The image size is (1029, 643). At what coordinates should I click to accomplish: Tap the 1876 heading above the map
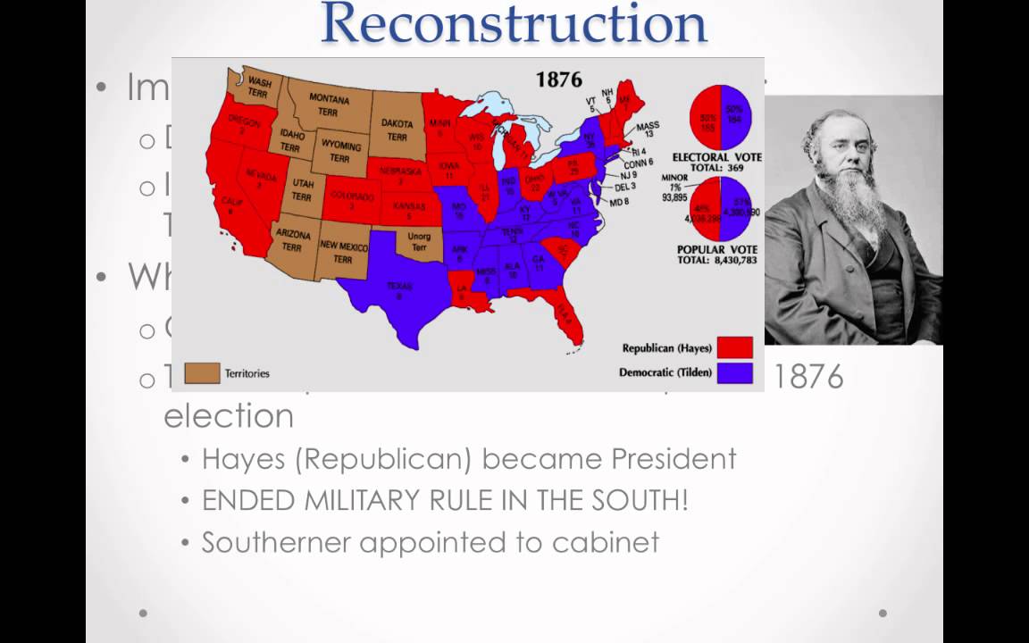[558, 79]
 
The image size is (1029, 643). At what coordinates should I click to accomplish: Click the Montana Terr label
[329, 104]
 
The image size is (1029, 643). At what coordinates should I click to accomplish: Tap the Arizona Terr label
[294, 240]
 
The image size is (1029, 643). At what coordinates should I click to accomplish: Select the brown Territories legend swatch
[202, 372]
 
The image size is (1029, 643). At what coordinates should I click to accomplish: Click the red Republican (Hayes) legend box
[734, 347]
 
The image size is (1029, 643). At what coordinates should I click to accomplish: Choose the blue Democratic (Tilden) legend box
[734, 372]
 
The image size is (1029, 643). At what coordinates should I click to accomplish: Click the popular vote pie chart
[720, 209]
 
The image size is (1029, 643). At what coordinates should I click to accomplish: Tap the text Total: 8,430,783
[717, 260]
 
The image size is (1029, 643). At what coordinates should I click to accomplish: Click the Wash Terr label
[260, 86]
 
